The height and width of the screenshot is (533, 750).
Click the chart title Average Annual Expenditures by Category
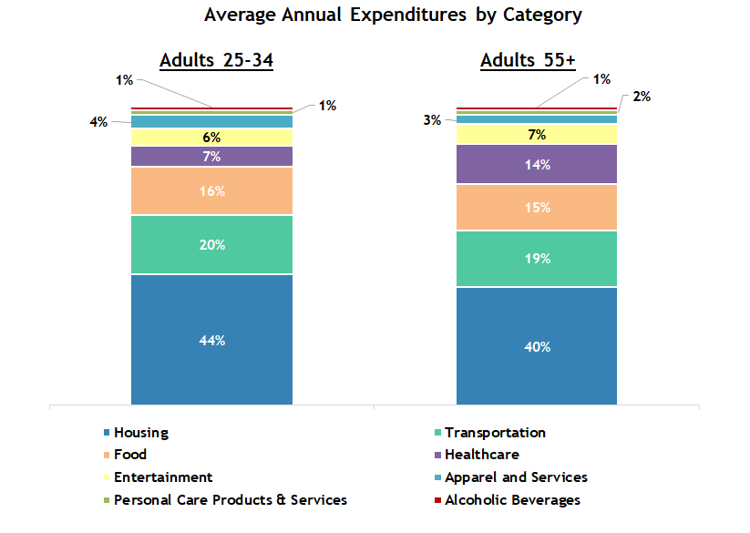coord(393,15)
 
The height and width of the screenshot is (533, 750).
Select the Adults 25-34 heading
coord(217,61)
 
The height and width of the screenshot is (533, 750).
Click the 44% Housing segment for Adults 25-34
coord(212,339)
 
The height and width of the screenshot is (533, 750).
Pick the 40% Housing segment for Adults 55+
coord(537,345)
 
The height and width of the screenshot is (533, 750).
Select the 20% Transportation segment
coord(212,244)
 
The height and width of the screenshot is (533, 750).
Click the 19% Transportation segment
coord(537,259)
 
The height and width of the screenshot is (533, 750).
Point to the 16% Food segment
coord(212,191)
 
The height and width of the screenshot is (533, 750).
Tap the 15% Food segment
coord(537,207)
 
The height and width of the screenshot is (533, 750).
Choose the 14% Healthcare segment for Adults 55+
coord(537,164)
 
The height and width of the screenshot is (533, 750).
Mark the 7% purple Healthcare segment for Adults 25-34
coord(212,156)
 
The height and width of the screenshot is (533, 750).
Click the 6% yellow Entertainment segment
coord(212,137)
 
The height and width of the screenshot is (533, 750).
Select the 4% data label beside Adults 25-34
coord(98,121)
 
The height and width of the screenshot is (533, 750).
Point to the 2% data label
coord(641,97)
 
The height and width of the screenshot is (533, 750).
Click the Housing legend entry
coord(140,433)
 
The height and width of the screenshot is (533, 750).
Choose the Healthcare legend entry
coord(481,455)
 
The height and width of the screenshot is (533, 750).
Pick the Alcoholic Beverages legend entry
coord(511,499)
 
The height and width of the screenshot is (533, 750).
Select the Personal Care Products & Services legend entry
coord(230,499)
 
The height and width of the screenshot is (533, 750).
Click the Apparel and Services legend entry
coord(516,477)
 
